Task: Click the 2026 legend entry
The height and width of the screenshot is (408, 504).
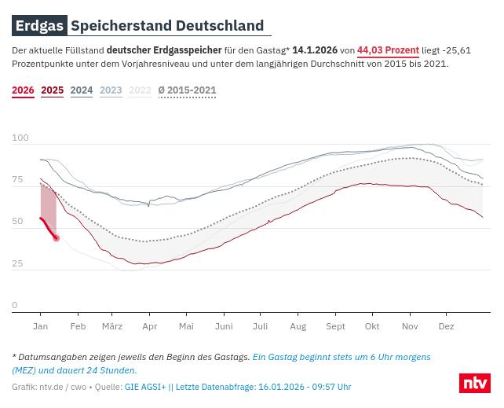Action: tap(23, 90)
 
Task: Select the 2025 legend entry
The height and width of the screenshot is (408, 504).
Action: tap(52, 90)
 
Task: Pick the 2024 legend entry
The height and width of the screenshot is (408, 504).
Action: tap(82, 90)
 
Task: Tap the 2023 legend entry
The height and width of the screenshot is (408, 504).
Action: tap(111, 90)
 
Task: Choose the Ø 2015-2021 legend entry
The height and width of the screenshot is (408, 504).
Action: tap(187, 90)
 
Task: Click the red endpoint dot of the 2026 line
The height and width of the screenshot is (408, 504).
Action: tap(56, 237)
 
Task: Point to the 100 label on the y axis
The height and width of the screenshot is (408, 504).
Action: tap(20, 138)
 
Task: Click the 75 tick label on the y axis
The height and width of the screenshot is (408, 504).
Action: tap(17, 180)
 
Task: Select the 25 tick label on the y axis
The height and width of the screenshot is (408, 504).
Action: tap(17, 263)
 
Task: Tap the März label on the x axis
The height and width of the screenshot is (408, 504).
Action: tap(112, 326)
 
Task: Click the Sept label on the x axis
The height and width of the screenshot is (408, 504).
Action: tap(335, 326)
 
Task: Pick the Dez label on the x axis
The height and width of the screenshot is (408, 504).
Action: tap(446, 326)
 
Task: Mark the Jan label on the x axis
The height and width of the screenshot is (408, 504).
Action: tap(40, 326)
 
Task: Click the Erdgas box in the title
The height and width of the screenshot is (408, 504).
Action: tap(39, 26)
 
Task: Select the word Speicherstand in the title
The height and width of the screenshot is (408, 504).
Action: tap(121, 26)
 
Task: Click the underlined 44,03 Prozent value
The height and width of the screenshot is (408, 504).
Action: tap(388, 50)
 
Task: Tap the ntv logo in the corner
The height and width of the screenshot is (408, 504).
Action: tap(474, 383)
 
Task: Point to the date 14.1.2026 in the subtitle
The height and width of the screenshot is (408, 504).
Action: tap(315, 50)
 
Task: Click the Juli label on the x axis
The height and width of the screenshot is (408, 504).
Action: tap(260, 326)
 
